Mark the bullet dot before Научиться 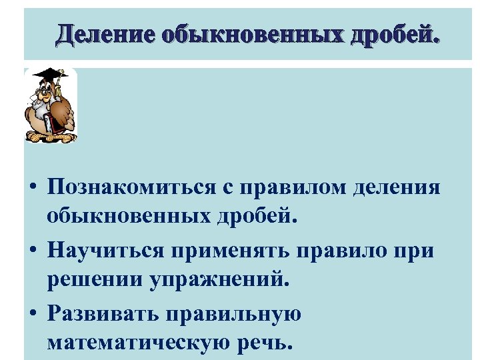pos(33,251)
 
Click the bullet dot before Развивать pos(33,313)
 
